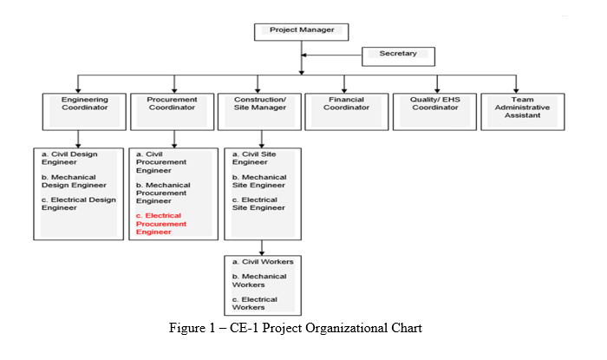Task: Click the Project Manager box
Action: click(x=301, y=30)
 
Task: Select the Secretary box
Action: click(x=398, y=56)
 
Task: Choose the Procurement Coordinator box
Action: click(x=173, y=111)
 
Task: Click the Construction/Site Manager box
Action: click(x=259, y=111)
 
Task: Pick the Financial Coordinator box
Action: click(x=346, y=111)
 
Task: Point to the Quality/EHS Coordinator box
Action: click(x=433, y=111)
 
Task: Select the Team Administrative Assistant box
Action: click(x=522, y=111)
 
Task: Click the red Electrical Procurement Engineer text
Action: click(x=165, y=224)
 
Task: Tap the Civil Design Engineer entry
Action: click(x=69, y=159)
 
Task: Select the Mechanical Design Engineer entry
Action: click(x=74, y=181)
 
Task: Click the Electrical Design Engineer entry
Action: click(x=76, y=205)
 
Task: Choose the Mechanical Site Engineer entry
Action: click(x=258, y=181)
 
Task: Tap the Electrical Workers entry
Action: click(x=255, y=303)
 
